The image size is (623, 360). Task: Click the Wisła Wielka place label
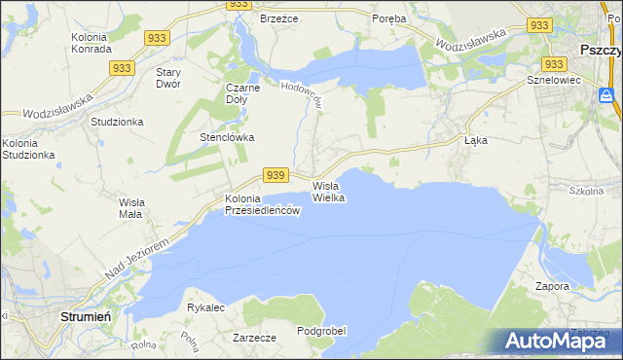(x=329, y=191)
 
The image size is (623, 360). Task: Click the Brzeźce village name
(x=278, y=18)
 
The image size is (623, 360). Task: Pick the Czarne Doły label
(x=242, y=92)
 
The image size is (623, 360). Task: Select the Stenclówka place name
(x=227, y=137)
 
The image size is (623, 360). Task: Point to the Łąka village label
(x=476, y=140)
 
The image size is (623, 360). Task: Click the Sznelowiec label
(x=553, y=80)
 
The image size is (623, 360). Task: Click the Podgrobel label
(x=321, y=331)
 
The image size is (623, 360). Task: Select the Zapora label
(x=552, y=287)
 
